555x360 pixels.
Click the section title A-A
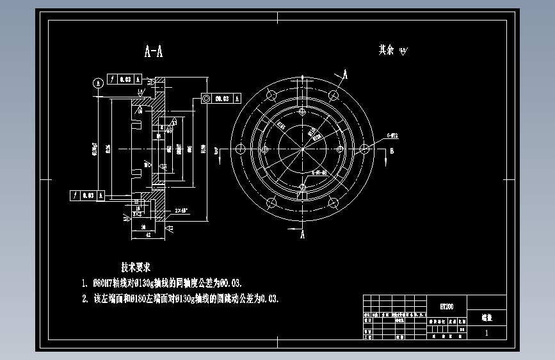pos(154,53)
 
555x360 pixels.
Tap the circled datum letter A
pos(98,83)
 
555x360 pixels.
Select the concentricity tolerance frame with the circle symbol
pos(221,98)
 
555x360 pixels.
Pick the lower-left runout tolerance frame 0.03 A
pos(88,195)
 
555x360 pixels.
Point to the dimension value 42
pos(148,234)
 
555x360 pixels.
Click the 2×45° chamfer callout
pos(181,210)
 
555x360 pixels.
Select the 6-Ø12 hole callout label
pos(392,136)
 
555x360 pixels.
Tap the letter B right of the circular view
pos(392,151)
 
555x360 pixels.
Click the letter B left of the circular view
pos(217,151)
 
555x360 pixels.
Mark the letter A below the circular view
pos(303,235)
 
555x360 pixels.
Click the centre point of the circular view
pos(302,149)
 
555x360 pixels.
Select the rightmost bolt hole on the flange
pos(364,149)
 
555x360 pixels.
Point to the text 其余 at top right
pos(386,50)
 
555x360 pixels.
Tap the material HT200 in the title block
pos(447,306)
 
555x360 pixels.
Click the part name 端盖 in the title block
pos(487,316)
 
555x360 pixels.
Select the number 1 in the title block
pos(487,333)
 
